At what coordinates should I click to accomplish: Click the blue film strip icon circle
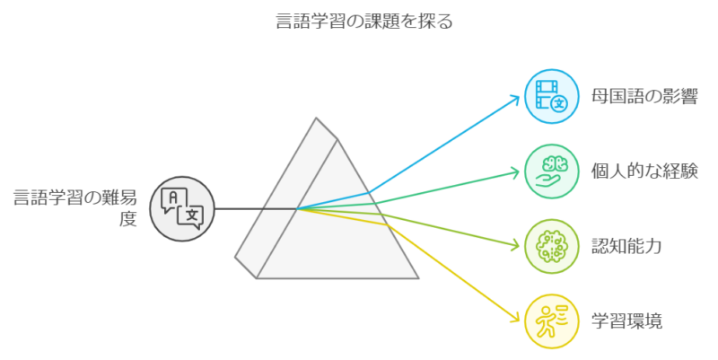tap(550, 94)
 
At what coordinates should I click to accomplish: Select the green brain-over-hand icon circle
tap(550, 170)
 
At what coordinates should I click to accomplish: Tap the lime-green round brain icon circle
tap(550, 245)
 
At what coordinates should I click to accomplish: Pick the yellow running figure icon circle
tap(550, 320)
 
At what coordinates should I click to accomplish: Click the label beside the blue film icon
tap(644, 95)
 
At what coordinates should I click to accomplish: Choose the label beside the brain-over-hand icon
tap(644, 171)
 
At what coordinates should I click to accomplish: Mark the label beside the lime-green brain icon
tap(626, 246)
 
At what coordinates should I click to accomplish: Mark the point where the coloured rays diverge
tap(299, 209)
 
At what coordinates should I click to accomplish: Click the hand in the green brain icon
tap(548, 180)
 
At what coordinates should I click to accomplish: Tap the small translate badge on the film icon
tap(559, 102)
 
